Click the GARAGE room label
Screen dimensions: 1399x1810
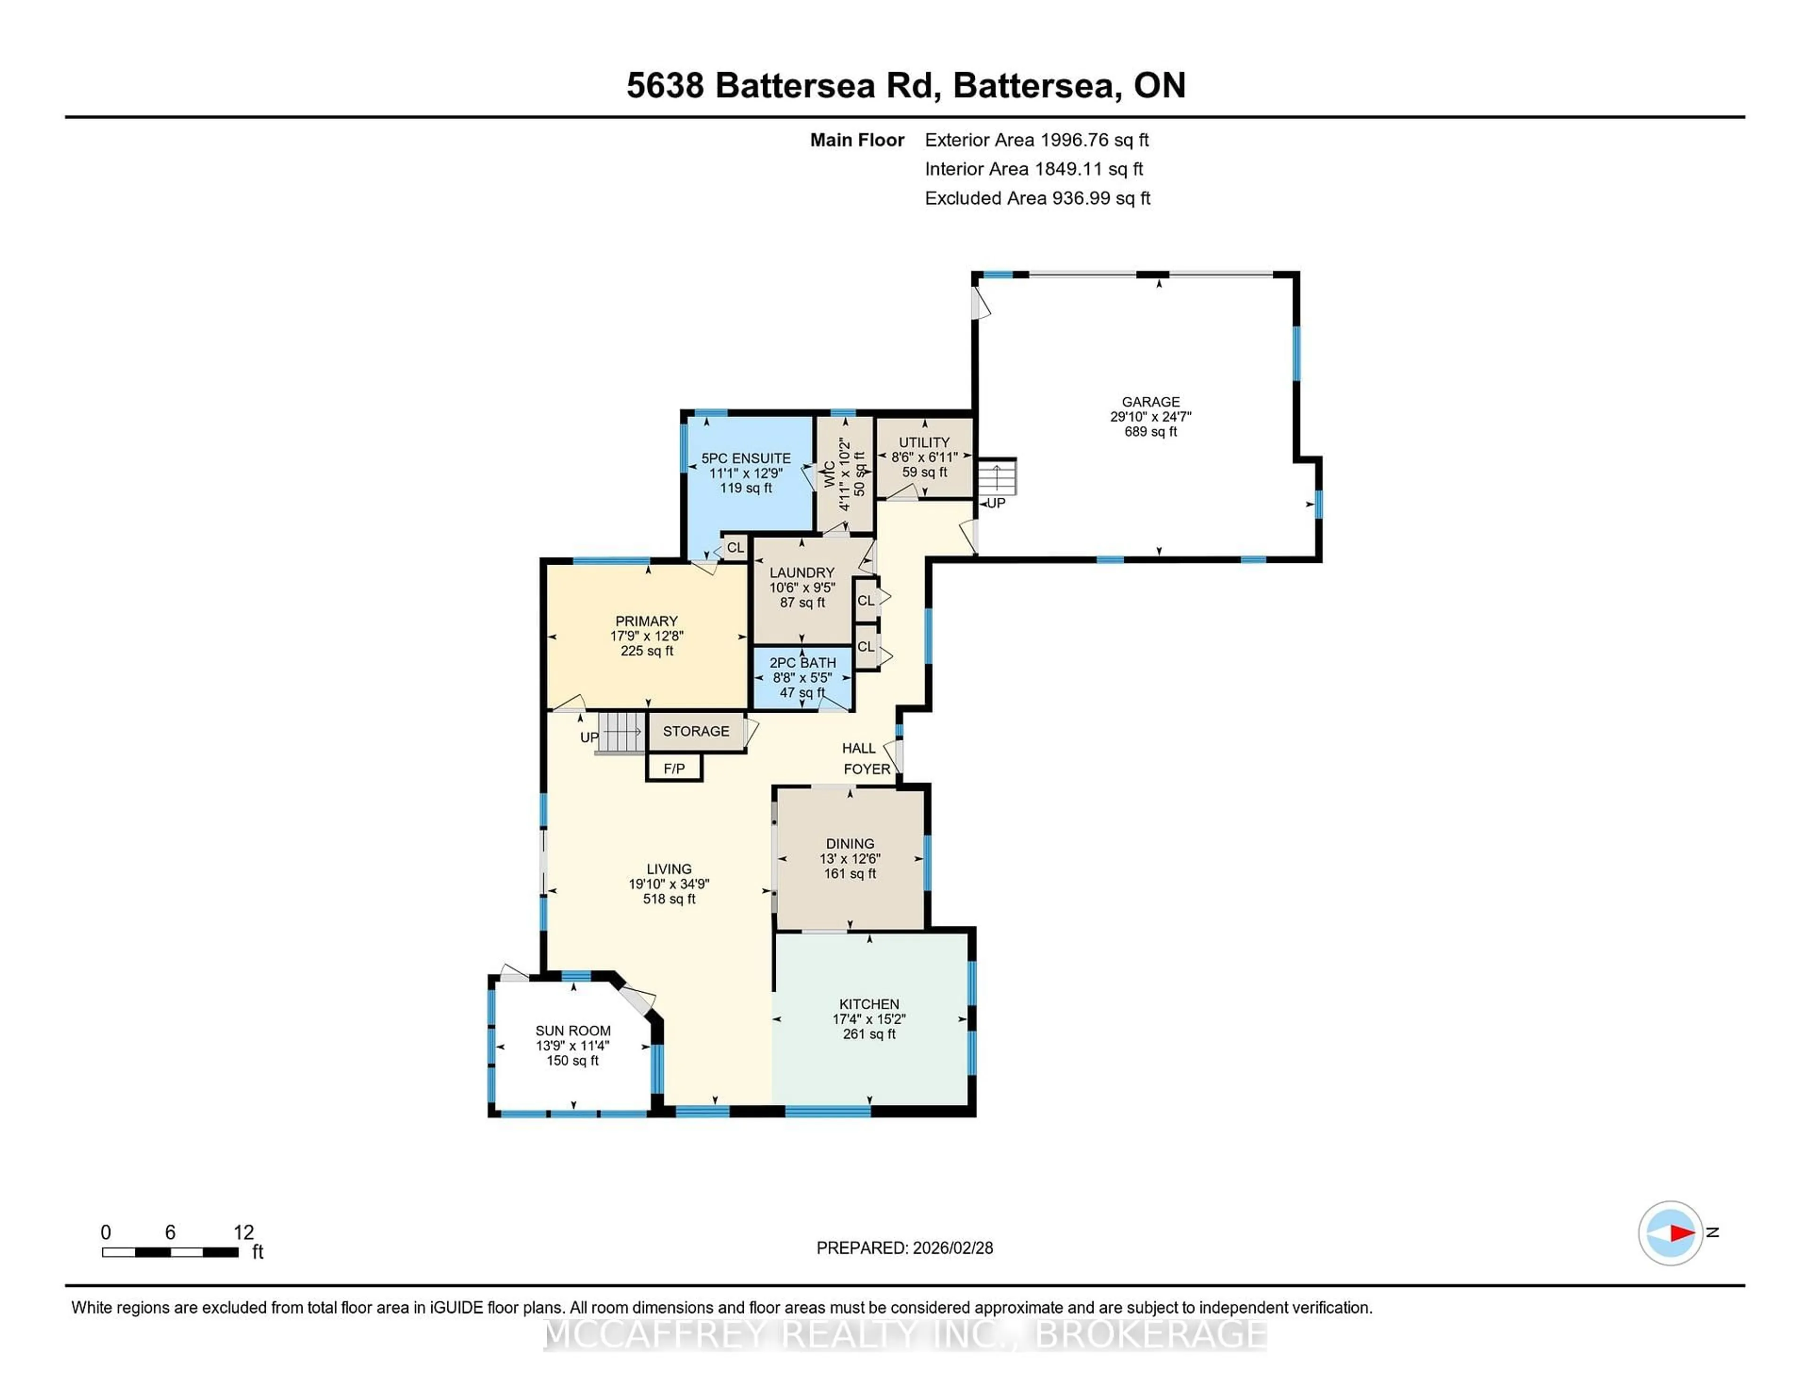click(1150, 402)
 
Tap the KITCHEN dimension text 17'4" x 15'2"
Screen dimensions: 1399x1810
click(869, 1019)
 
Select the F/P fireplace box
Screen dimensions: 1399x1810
click(674, 768)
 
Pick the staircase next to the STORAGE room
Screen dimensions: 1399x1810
click(620, 732)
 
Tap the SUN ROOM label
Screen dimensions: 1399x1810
click(573, 1030)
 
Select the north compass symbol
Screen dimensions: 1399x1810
click(1670, 1233)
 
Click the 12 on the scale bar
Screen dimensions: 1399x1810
click(243, 1233)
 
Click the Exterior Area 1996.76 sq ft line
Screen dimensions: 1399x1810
click(1036, 140)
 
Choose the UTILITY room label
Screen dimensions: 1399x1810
click(924, 443)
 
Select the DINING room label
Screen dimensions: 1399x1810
click(849, 844)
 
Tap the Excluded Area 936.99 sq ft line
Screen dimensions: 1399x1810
click(1037, 198)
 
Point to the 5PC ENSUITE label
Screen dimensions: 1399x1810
click(746, 458)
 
